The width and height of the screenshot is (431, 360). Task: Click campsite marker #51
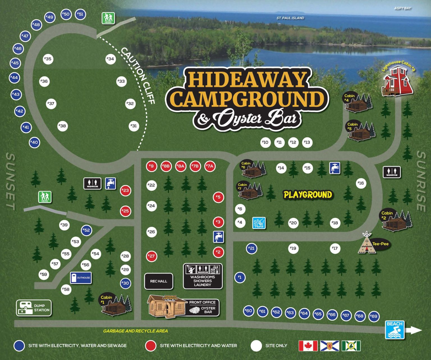(81, 14)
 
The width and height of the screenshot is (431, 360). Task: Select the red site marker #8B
(166, 166)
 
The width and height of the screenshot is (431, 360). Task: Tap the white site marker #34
(111, 59)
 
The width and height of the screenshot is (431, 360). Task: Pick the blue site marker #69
(373, 316)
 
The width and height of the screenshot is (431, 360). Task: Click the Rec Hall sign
(159, 281)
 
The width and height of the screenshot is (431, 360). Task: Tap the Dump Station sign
(34, 308)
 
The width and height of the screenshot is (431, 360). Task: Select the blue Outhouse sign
(81, 278)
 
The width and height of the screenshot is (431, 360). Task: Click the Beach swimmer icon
(395, 330)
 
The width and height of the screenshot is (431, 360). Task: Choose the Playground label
(308, 195)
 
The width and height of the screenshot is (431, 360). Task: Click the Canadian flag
(308, 346)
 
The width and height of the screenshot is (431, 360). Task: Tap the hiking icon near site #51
(108, 18)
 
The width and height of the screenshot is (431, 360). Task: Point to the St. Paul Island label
(290, 18)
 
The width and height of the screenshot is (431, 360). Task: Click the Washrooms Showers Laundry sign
(203, 276)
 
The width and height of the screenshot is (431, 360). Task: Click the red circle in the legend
(151, 346)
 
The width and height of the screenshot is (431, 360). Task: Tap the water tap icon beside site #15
(334, 168)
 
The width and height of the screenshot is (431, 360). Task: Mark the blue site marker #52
(87, 230)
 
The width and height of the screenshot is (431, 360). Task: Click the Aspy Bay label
(402, 8)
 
